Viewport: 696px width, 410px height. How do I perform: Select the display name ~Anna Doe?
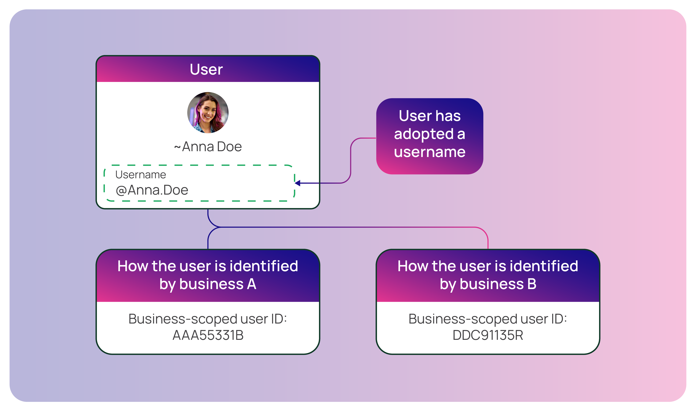tap(208, 146)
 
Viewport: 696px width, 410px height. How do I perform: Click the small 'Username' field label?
tap(141, 175)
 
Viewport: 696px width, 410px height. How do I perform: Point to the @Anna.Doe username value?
tap(152, 190)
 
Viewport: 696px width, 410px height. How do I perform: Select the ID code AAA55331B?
tap(208, 335)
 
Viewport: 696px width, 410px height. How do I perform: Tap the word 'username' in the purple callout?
tap(429, 152)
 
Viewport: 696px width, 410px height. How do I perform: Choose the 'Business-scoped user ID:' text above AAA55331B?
tap(208, 319)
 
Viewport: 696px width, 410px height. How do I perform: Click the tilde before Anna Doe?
tap(177, 147)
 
